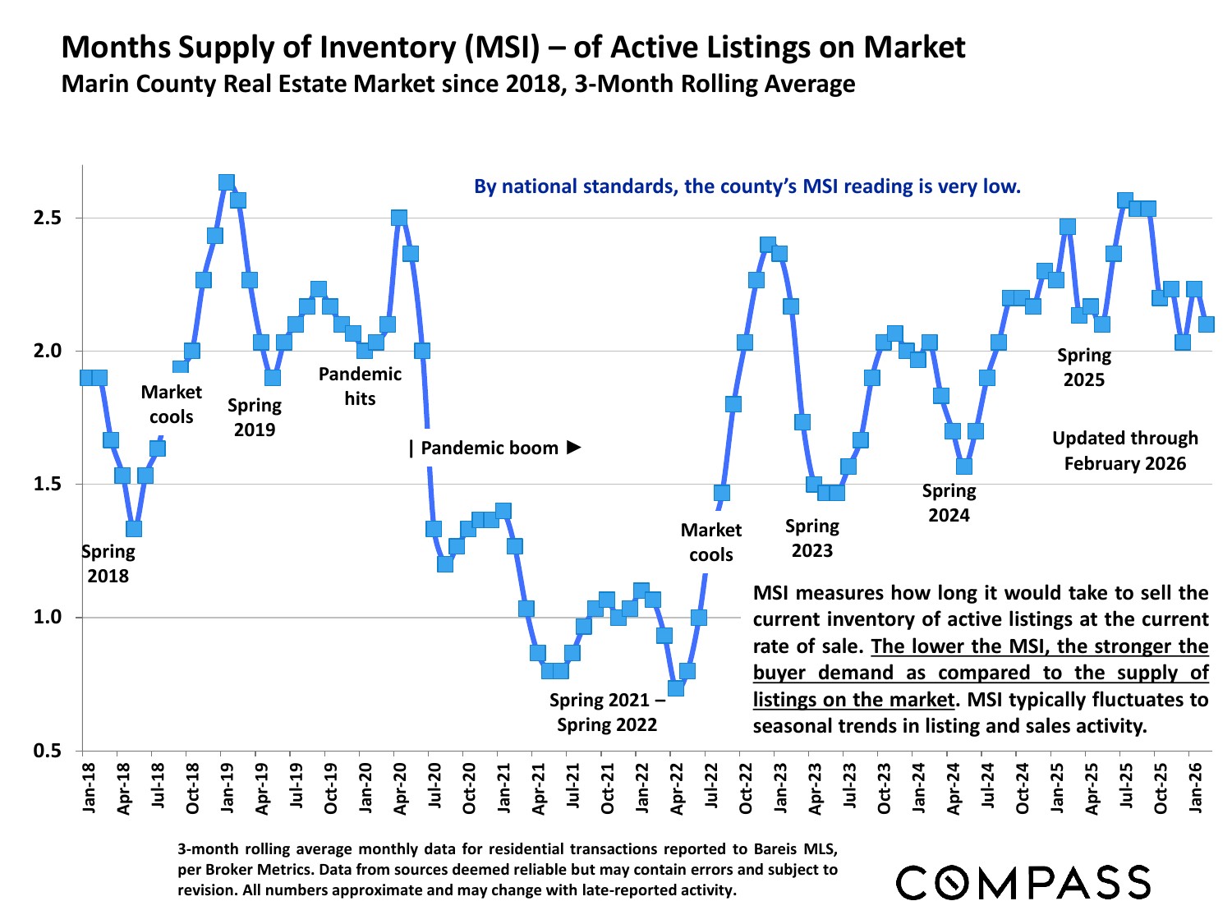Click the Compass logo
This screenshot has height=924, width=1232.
pyautogui.click(x=1023, y=883)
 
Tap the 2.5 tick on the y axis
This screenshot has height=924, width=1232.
pyautogui.click(x=47, y=218)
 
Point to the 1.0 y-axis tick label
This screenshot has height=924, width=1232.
pyautogui.click(x=47, y=618)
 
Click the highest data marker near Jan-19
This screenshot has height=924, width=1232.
pyautogui.click(x=227, y=182)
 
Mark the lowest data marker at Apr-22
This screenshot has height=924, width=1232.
pyautogui.click(x=676, y=687)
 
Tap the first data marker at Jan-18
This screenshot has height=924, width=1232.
pyautogui.click(x=87, y=378)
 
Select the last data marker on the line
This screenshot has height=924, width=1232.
pyautogui.click(x=1206, y=324)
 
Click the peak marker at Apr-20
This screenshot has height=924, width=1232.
pyautogui.click(x=399, y=218)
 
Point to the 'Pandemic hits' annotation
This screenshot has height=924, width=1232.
pyautogui.click(x=360, y=386)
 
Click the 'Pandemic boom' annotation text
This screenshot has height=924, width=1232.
pyautogui.click(x=490, y=448)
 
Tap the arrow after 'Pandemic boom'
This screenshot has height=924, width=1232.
pyautogui.click(x=574, y=447)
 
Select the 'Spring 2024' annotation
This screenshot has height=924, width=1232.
pyautogui.click(x=949, y=503)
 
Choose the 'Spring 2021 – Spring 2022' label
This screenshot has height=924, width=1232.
pyautogui.click(x=607, y=712)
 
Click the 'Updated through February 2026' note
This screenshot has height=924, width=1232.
pyautogui.click(x=1125, y=450)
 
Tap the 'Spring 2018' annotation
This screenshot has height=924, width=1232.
pyautogui.click(x=108, y=563)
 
